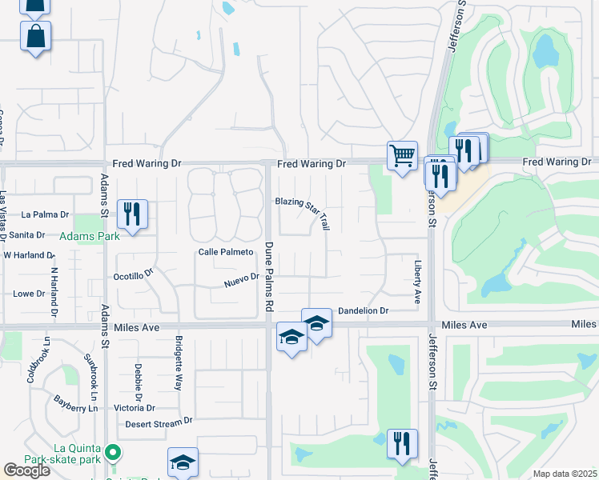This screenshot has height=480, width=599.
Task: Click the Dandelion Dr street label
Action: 363,310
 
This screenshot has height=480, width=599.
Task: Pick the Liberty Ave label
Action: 417,281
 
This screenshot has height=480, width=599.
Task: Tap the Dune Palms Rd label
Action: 269,277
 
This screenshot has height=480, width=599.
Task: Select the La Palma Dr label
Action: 46,214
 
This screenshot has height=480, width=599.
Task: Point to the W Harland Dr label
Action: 28,255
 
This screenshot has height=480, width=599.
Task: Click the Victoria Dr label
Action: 134,407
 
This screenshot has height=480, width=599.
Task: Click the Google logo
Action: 26,470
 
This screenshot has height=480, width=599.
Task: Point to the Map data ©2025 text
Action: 565,474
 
